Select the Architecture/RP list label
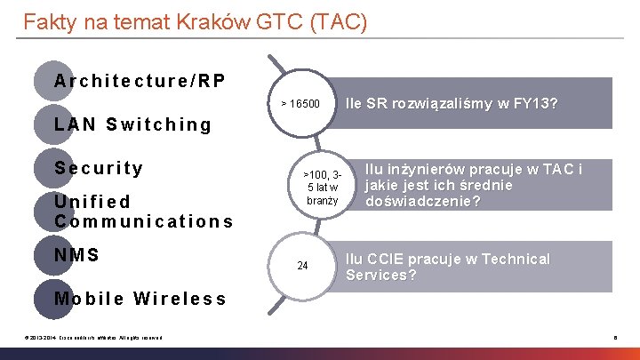(140, 81)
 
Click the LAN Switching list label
(133, 124)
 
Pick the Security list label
(99, 168)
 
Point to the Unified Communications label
(142, 212)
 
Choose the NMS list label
(76, 255)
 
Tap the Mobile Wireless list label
(140, 298)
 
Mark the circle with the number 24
(302, 266)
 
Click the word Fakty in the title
(48, 21)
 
